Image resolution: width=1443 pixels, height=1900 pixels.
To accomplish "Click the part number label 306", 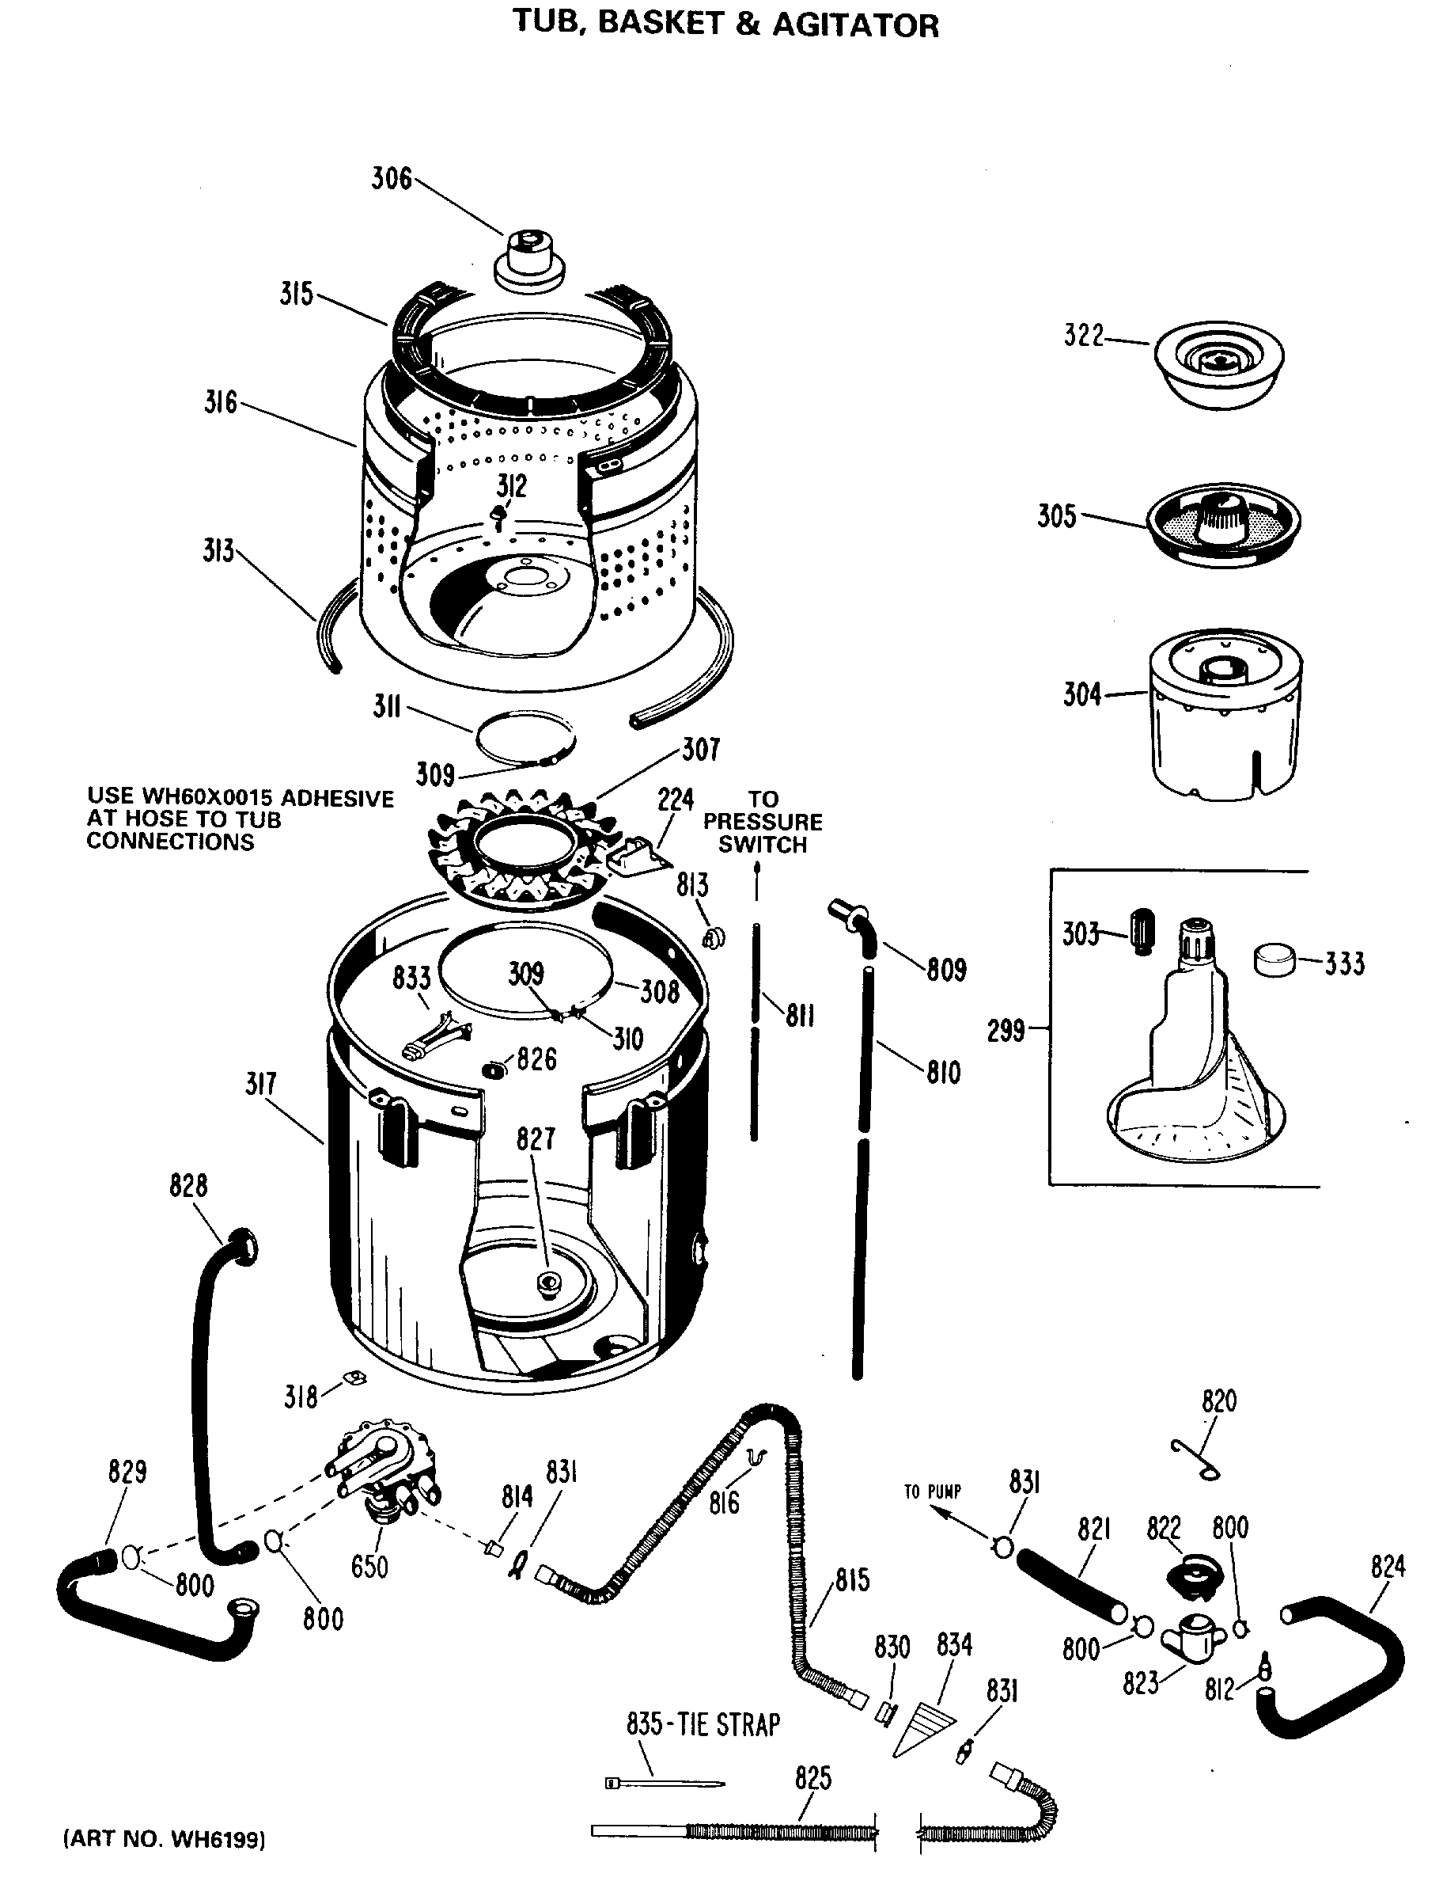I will [x=391, y=179].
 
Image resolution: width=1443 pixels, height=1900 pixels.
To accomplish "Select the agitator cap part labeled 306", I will [x=530, y=260].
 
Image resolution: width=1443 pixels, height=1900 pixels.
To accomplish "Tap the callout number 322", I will [x=1083, y=335].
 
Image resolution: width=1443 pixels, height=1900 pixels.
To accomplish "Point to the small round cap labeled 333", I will [x=1274, y=959].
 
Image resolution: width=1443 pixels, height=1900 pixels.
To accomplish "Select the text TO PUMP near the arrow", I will [x=931, y=1491].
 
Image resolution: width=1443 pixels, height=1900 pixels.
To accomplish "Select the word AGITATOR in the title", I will [x=854, y=25].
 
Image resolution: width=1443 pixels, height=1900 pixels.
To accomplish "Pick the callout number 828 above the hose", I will [x=188, y=1186].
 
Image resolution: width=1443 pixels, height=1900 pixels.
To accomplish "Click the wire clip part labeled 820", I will [x=1195, y=1461].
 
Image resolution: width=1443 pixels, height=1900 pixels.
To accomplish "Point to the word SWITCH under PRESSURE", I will [x=763, y=845].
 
